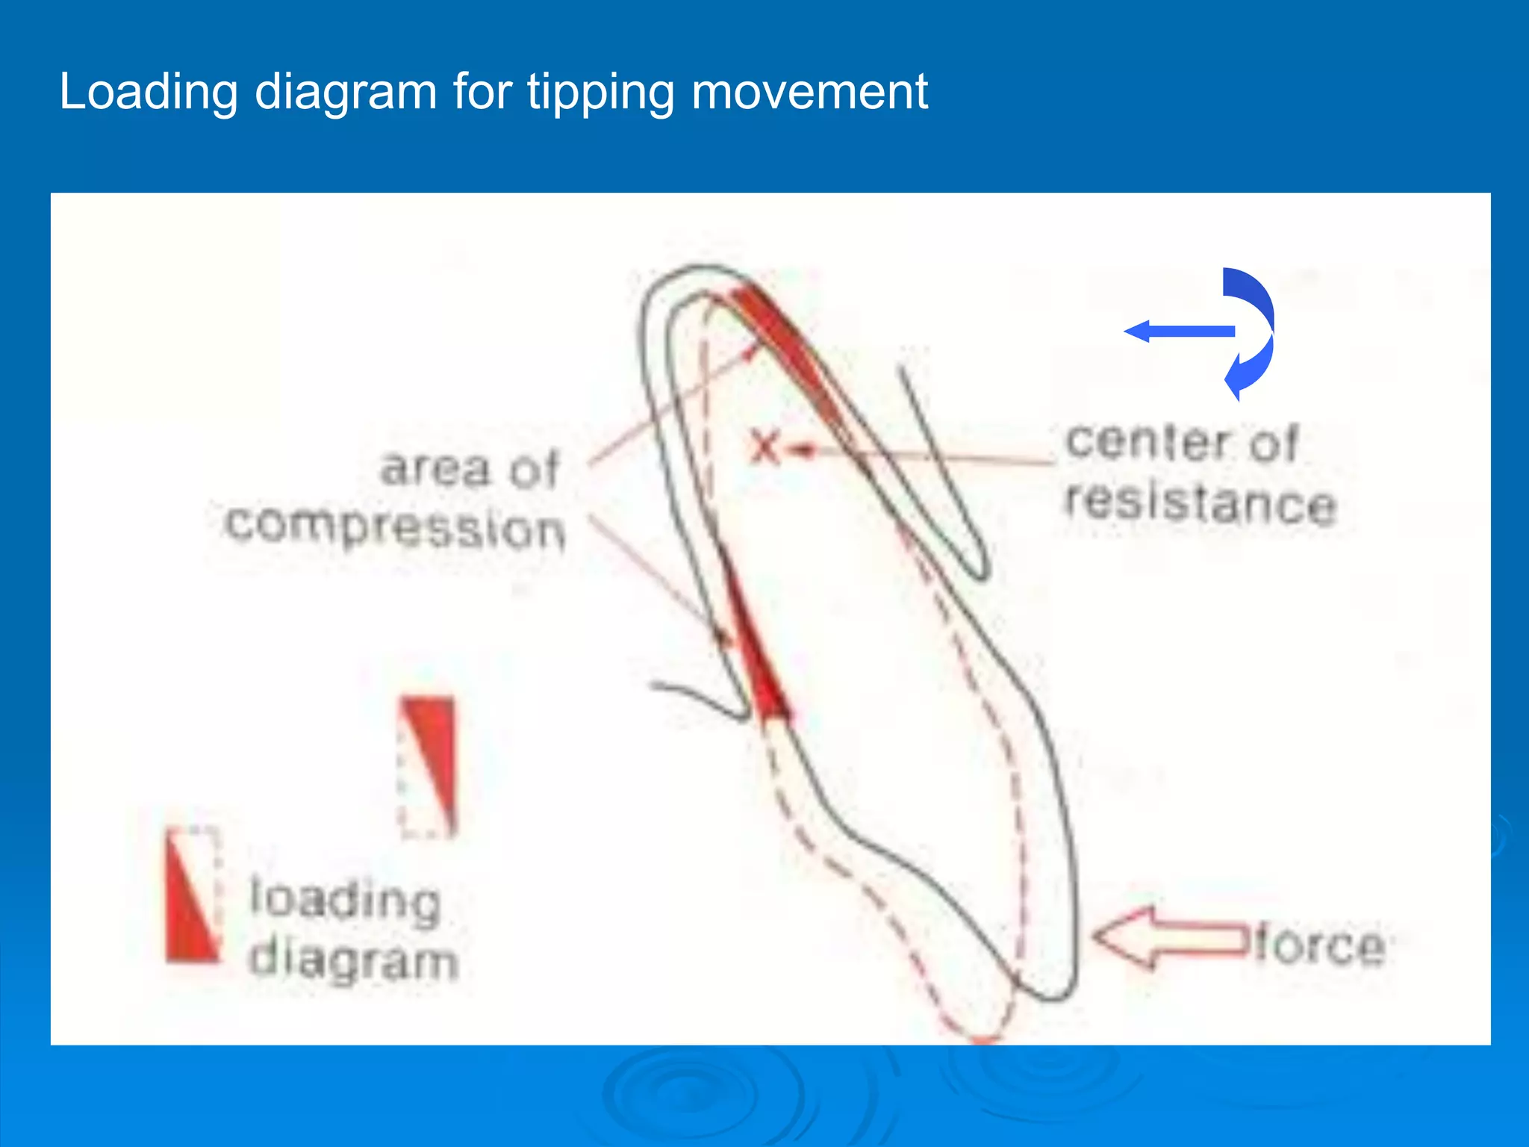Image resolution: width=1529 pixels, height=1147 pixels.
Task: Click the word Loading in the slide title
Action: [148, 93]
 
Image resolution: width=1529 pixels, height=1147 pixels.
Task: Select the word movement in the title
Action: [809, 93]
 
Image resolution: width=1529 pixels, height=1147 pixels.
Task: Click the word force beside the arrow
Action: [1319, 946]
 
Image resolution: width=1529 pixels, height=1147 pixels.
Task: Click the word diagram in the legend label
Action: [353, 960]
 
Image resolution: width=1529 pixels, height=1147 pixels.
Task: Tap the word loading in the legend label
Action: [344, 901]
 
